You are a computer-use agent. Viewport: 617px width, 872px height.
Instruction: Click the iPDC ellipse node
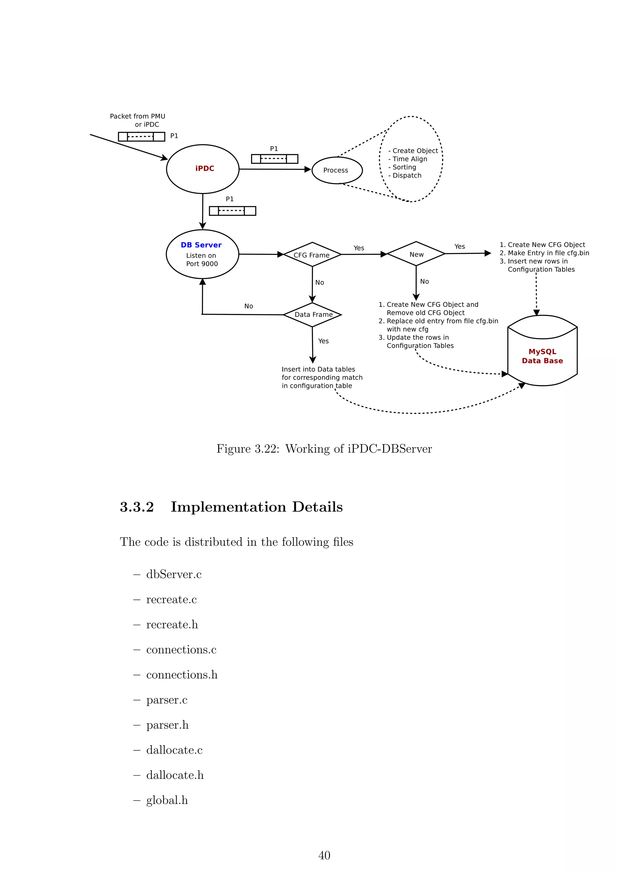(203, 169)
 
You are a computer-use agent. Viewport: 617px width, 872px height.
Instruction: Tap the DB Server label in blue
(201, 245)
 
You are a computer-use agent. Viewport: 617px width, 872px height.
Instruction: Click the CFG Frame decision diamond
(312, 255)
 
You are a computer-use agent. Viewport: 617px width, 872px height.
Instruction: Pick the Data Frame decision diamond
(313, 314)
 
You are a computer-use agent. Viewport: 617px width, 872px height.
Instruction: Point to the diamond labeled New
(416, 254)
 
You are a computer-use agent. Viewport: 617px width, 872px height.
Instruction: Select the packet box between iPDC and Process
(274, 159)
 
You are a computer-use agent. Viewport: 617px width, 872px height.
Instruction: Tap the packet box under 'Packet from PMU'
(141, 136)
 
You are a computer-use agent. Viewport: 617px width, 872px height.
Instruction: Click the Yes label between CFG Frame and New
(359, 248)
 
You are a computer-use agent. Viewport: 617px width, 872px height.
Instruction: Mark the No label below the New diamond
(424, 282)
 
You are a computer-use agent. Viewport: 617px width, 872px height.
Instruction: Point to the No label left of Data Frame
(249, 306)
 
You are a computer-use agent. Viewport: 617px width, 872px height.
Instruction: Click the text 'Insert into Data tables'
(318, 369)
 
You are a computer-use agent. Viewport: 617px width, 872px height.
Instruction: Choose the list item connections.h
(182, 675)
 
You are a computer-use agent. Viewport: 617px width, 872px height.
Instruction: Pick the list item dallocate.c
(174, 750)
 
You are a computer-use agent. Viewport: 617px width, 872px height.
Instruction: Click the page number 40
(324, 855)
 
